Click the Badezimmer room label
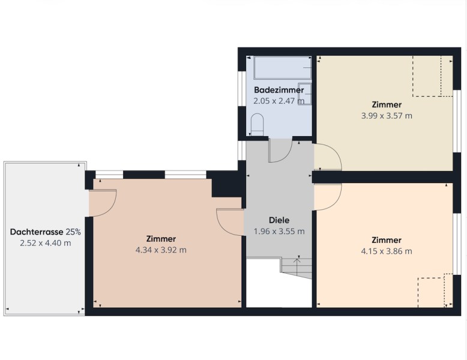pyautogui.click(x=279, y=90)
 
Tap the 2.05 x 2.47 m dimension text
pyautogui.click(x=279, y=101)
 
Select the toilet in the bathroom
pyautogui.click(x=258, y=124)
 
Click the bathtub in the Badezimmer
pyautogui.click(x=282, y=68)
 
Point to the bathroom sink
pyautogui.click(x=304, y=94)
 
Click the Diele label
pyautogui.click(x=279, y=220)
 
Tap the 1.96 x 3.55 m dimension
pyautogui.click(x=279, y=232)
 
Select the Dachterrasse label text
pyautogui.click(x=37, y=232)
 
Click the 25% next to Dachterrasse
pyautogui.click(x=73, y=232)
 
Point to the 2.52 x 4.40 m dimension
pyautogui.click(x=46, y=243)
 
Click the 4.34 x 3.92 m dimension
pyautogui.click(x=161, y=250)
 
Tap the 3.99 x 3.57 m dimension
pyautogui.click(x=387, y=116)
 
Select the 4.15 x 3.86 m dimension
pyautogui.click(x=387, y=251)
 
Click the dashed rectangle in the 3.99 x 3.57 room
pyautogui.click(x=432, y=76)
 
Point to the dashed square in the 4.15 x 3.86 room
pyautogui.click(x=435, y=290)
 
